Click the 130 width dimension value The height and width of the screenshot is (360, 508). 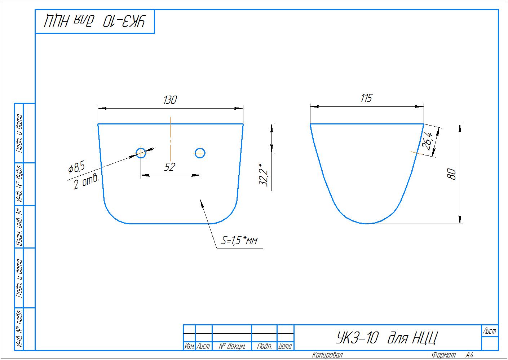coord(170,100)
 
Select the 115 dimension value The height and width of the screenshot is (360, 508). coord(366,98)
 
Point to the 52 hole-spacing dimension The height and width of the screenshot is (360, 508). coord(170,167)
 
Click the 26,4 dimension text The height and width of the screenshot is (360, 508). coord(428,141)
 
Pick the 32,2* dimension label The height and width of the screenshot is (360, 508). coord(264,175)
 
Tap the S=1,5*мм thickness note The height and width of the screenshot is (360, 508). coord(239,240)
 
